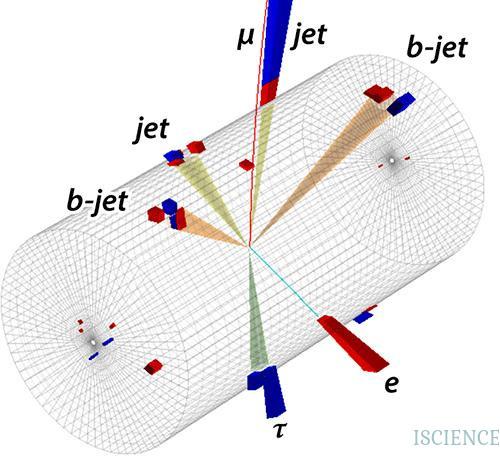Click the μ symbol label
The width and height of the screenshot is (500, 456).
tap(245, 39)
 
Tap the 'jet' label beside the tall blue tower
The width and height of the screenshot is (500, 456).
tap(309, 35)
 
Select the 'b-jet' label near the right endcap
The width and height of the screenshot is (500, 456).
tap(437, 49)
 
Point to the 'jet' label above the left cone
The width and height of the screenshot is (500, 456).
tap(151, 129)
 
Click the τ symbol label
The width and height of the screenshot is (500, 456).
tap(279, 430)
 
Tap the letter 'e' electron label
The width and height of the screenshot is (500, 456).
tap(391, 384)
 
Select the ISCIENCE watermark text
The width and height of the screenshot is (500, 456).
tap(456, 437)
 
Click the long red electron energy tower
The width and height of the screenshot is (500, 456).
tap(353, 343)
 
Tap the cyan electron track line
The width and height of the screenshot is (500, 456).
tap(283, 281)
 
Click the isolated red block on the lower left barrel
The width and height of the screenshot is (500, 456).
tap(153, 367)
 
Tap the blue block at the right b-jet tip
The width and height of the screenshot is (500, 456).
tap(402, 103)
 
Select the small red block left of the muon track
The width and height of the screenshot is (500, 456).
tap(247, 165)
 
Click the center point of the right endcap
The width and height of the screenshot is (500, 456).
tap(393, 161)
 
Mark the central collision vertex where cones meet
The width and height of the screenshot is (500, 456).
tap(249, 247)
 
